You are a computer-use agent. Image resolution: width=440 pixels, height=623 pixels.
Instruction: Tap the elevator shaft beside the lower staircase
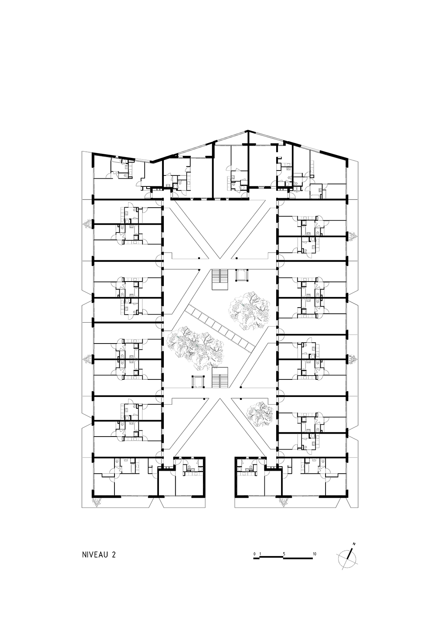tap(198, 381)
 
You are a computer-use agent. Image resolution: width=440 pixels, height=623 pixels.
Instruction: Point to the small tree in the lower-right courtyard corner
tap(258, 414)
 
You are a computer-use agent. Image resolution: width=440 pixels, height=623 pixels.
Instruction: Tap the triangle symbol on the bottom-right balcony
tap(282, 502)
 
